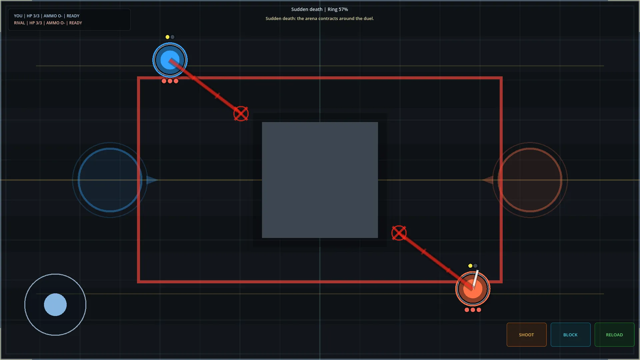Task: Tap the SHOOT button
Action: (x=526, y=335)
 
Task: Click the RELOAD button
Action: (x=614, y=335)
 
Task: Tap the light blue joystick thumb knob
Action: (x=55, y=305)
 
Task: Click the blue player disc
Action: (x=170, y=60)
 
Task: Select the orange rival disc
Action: (x=473, y=289)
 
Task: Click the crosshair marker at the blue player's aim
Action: (x=241, y=114)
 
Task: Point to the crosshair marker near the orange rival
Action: (x=399, y=233)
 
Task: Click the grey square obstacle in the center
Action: (x=320, y=180)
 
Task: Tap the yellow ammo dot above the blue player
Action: (x=167, y=37)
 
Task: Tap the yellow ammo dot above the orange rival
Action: (x=470, y=266)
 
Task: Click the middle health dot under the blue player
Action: (x=170, y=81)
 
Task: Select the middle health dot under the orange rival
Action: (x=473, y=310)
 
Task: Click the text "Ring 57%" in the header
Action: (x=338, y=9)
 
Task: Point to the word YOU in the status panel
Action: (x=18, y=16)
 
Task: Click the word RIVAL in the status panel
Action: (x=19, y=23)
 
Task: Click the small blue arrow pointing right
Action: (x=152, y=180)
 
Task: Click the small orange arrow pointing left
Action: (x=488, y=180)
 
